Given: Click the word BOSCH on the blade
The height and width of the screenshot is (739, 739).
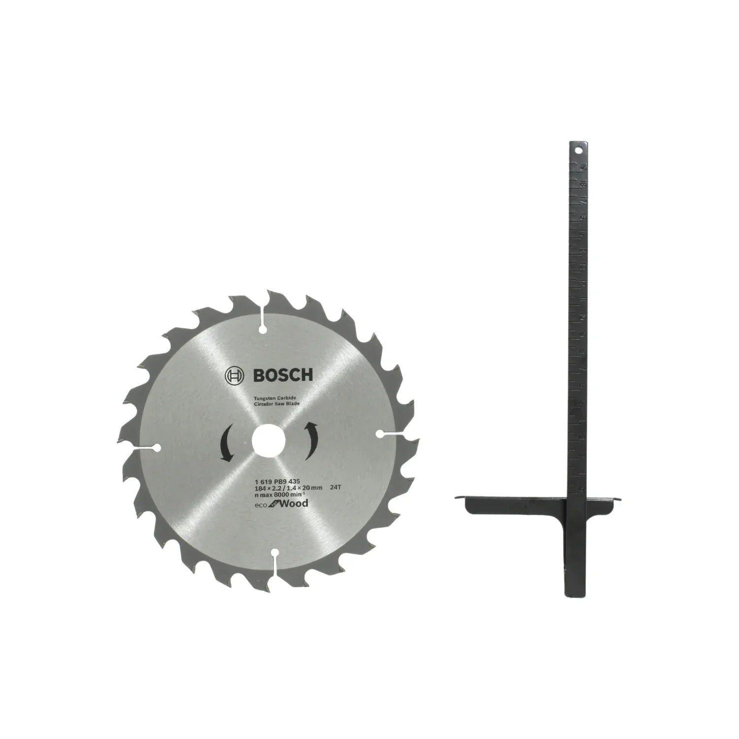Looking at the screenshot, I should (283, 376).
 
